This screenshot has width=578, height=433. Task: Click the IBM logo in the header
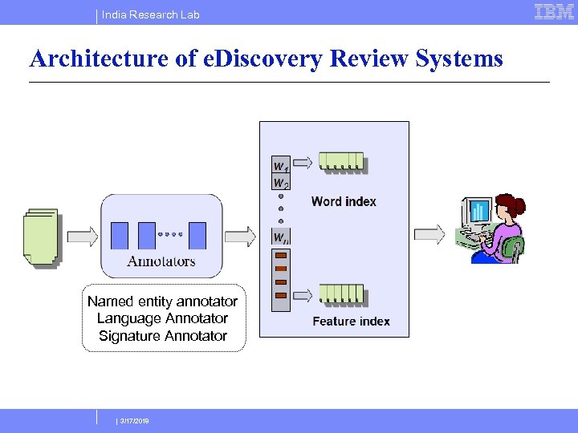point(554,12)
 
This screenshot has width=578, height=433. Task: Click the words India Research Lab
point(151,14)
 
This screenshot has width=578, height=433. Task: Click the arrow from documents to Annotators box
point(81,236)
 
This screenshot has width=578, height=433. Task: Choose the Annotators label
point(161,261)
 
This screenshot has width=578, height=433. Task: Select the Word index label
point(344,201)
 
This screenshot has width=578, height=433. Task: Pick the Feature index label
point(351,322)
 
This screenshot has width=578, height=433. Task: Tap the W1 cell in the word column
point(281,166)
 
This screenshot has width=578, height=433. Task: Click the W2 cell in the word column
point(281,184)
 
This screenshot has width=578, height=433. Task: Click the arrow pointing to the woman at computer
point(429,234)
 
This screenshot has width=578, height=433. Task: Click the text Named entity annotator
point(162,301)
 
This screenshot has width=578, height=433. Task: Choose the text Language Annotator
point(162,318)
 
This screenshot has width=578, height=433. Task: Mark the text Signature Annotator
point(162,336)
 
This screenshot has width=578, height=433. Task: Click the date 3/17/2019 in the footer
point(133,420)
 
